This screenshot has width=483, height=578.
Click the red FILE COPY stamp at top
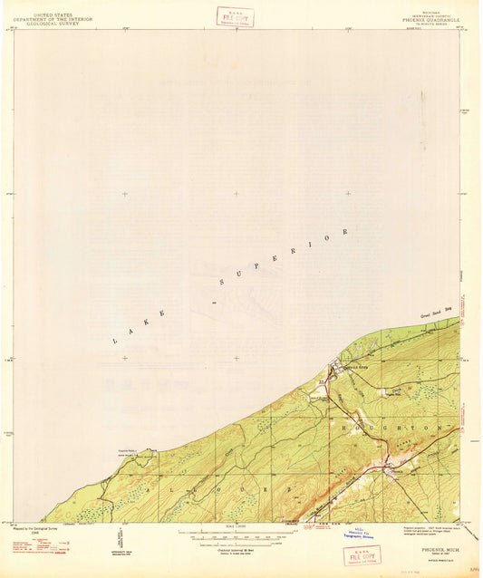point(236,16)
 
